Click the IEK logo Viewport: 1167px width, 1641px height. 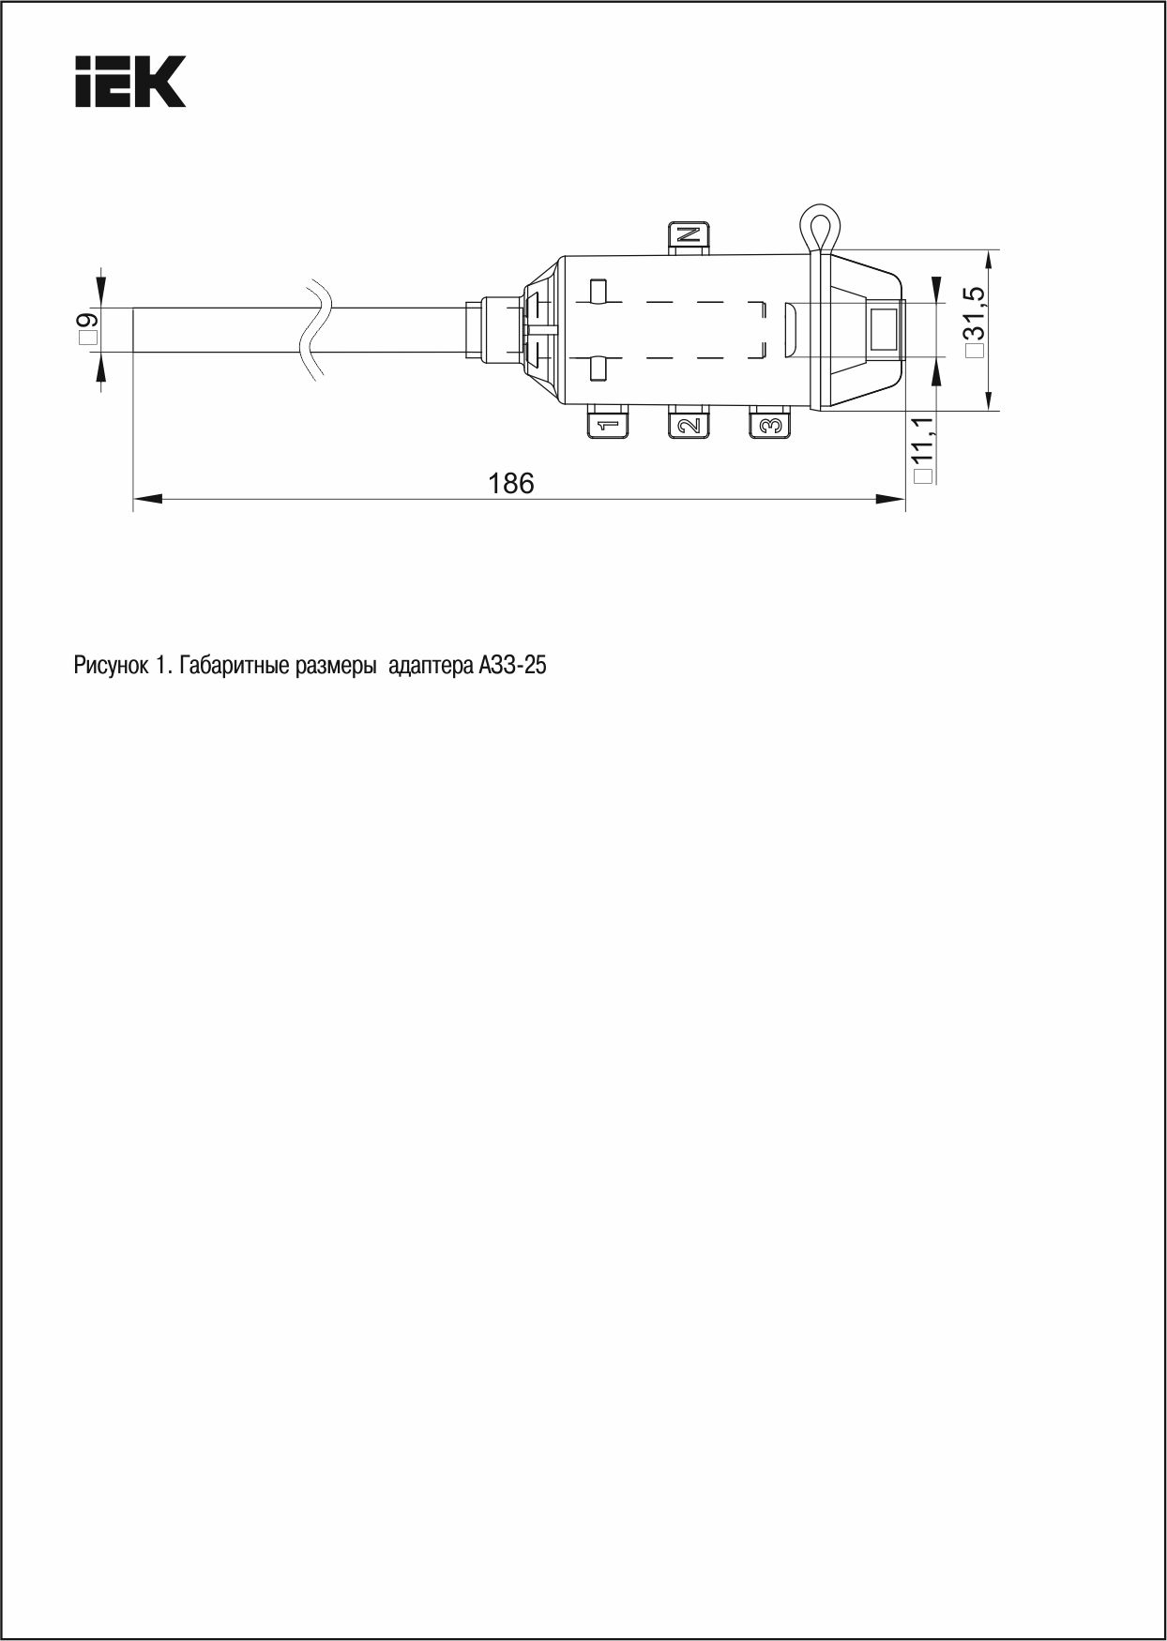coord(129,82)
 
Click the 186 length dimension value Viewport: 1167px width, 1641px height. coord(511,483)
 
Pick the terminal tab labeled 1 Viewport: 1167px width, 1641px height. coord(608,424)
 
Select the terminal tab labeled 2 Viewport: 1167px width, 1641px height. coord(689,424)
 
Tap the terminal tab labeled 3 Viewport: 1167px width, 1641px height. coord(770,424)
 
